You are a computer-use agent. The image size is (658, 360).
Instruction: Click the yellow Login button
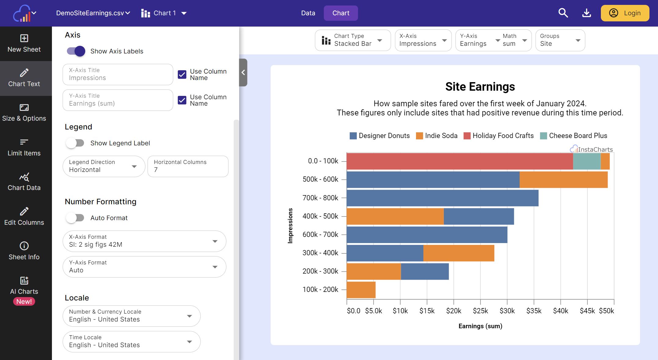(625, 13)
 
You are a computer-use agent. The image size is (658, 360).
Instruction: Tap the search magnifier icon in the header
(563, 13)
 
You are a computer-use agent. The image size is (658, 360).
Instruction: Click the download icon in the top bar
(587, 13)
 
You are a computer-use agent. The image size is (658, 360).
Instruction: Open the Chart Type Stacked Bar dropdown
(353, 40)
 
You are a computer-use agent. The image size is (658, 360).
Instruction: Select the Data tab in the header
(308, 13)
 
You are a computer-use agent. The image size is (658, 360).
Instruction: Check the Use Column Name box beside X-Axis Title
(182, 75)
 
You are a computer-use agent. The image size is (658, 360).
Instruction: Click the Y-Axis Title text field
(118, 100)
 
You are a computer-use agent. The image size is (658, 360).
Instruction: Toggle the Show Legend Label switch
(75, 143)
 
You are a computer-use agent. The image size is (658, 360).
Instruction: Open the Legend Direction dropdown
(104, 166)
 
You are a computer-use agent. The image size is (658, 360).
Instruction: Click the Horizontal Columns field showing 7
(188, 166)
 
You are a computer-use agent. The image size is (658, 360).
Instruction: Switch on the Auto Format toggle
(75, 218)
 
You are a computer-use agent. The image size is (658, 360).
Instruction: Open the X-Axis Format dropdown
(144, 241)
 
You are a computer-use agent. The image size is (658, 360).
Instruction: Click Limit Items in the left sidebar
(24, 147)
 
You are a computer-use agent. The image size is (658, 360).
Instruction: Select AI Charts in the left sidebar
(24, 290)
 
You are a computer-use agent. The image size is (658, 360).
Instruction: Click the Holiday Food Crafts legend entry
(499, 136)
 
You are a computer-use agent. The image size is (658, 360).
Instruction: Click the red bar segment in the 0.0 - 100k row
(459, 161)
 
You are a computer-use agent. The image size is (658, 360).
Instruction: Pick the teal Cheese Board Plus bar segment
(587, 161)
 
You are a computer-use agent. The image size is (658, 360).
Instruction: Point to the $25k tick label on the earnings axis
(480, 311)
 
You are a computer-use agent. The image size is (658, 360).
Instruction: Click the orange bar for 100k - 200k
(361, 290)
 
